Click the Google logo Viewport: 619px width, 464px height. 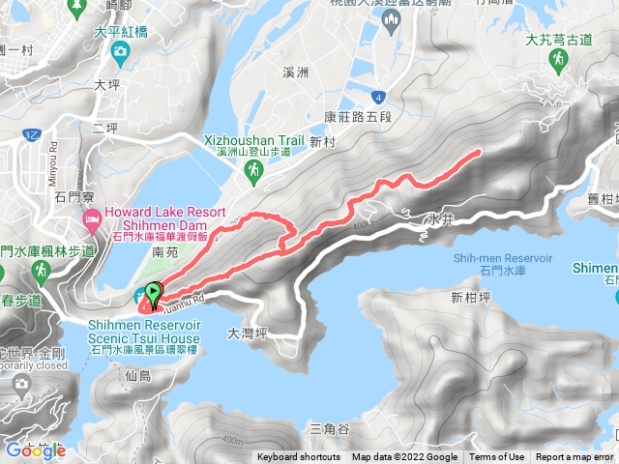(35, 450)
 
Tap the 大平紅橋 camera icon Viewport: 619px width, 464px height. (121, 51)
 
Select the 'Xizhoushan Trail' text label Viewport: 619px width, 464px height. (254, 139)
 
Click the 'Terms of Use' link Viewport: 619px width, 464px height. (496, 457)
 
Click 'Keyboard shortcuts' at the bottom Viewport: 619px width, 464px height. (299, 457)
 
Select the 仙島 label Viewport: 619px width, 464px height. (138, 375)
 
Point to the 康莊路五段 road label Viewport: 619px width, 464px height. (358, 117)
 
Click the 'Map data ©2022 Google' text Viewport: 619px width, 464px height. (404, 457)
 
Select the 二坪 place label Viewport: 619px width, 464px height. (104, 127)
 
